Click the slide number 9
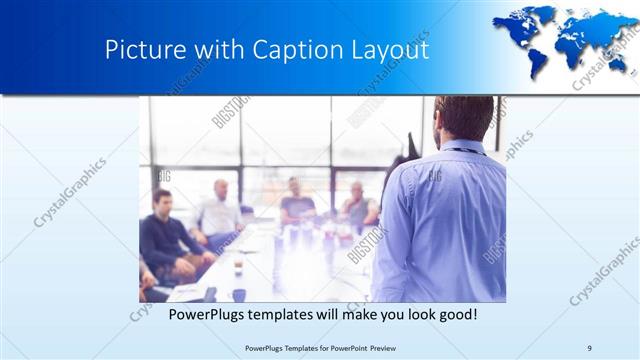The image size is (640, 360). [590, 347]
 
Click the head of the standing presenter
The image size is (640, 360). [463, 118]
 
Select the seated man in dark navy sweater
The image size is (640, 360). [164, 240]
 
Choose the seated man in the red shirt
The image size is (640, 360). [357, 208]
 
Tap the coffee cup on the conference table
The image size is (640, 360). [238, 267]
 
